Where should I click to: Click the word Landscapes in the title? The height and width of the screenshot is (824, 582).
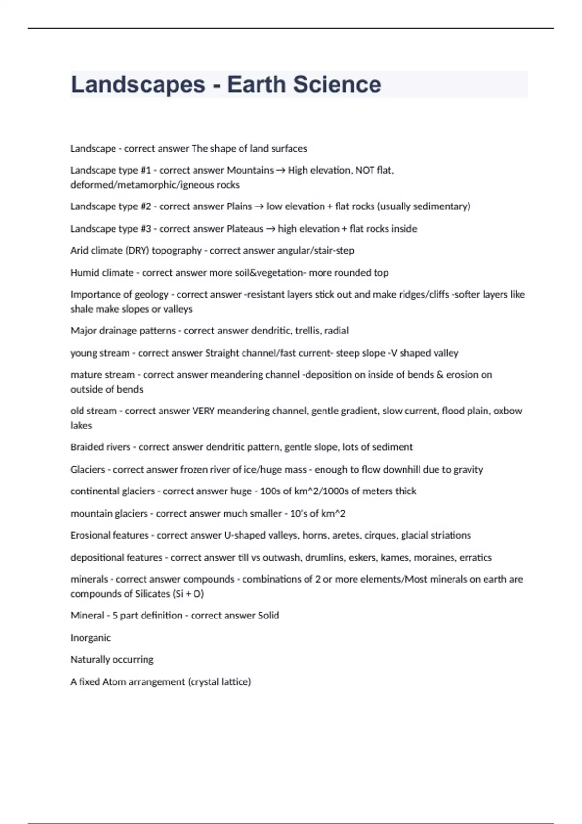(x=138, y=84)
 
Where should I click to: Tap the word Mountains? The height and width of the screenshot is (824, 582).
(x=250, y=170)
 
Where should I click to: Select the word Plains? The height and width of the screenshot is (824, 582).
(x=239, y=206)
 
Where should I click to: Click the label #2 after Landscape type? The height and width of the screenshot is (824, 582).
(x=145, y=206)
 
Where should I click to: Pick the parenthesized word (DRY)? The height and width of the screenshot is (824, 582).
(x=137, y=251)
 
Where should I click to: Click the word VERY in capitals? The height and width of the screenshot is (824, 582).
(x=204, y=411)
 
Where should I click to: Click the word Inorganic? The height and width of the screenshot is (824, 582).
(x=91, y=638)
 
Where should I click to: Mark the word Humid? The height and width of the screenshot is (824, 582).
(x=85, y=273)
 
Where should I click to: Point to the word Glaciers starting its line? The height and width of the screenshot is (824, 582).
(x=88, y=470)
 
